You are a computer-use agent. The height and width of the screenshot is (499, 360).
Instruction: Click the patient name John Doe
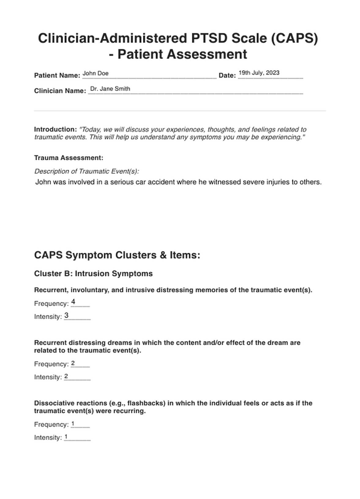coord(96,73)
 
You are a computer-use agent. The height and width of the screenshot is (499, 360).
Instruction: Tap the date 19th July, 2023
coord(259,73)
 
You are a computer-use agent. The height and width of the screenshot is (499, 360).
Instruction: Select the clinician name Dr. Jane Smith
coord(110,89)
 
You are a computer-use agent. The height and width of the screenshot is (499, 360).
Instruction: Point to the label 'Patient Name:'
coord(57,76)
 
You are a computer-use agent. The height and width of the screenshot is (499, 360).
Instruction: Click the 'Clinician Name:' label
coord(60,91)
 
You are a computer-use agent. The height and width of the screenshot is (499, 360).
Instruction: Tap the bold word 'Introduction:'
coord(55,129)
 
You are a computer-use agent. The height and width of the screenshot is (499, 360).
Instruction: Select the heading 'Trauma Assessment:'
coord(69,158)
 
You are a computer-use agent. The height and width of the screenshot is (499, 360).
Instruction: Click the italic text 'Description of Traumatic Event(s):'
coord(87,171)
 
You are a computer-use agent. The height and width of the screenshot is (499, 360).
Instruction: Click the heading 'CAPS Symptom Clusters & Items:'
coord(117,255)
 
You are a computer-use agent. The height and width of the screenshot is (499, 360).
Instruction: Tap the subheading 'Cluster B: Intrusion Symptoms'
coord(93,274)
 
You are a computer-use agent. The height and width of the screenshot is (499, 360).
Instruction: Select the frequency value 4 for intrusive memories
coord(73,302)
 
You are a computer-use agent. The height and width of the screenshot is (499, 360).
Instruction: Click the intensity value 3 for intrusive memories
coord(66,315)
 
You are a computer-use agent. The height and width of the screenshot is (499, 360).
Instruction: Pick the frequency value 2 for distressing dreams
coord(73,363)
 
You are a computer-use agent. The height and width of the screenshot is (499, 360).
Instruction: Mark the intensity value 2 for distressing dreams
coord(66,376)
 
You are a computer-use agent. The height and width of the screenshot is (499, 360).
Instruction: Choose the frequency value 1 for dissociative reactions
coord(73,424)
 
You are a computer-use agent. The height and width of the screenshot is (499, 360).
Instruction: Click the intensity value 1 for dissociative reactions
coord(66,437)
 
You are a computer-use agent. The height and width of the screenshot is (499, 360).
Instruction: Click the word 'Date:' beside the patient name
coord(227,76)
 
